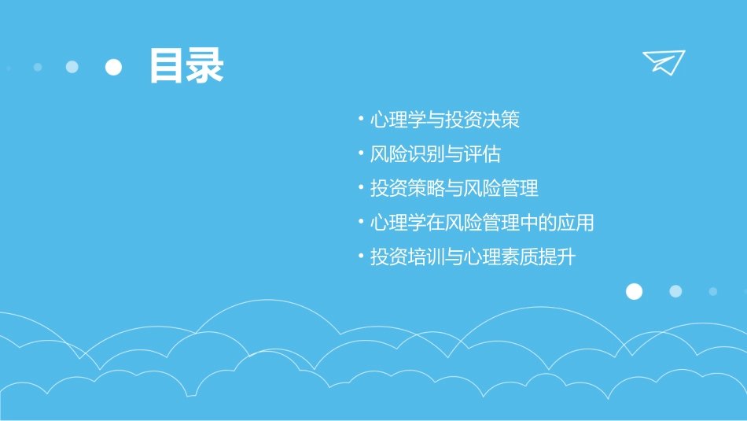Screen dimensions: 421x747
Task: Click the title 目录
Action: tap(187, 66)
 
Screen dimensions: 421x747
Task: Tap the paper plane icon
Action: tap(663, 62)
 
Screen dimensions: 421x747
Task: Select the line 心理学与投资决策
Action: tap(445, 120)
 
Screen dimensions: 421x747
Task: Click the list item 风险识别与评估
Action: tap(436, 154)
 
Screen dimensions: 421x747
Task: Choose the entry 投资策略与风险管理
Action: tap(454, 189)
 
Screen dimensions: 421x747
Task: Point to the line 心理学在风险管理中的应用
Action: tap(482, 223)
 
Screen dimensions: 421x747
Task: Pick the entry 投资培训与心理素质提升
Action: tap(473, 257)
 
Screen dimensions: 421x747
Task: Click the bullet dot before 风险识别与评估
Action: tap(360, 153)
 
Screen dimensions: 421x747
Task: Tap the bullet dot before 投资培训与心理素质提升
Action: tap(360, 256)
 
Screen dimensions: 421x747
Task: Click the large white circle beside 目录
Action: tap(114, 67)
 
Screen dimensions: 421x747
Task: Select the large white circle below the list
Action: tap(634, 291)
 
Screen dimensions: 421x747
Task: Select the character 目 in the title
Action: tap(167, 66)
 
